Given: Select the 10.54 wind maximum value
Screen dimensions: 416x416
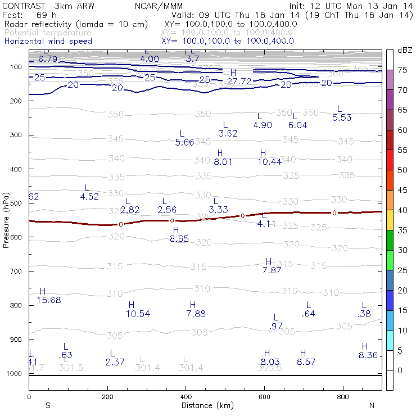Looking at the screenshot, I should click(138, 313).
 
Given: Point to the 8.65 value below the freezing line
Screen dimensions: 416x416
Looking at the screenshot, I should click(179, 239).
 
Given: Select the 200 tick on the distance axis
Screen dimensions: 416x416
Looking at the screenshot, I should click(107, 396).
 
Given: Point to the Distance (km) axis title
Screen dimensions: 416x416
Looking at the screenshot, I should click(205, 405).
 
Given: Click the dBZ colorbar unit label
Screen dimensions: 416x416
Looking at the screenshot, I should click(404, 51).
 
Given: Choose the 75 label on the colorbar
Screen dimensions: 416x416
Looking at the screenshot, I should click(403, 70).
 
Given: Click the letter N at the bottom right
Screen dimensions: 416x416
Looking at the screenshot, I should click(372, 405).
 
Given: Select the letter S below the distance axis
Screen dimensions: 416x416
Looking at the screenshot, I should click(48, 405).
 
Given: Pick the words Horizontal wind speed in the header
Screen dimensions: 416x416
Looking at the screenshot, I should click(48, 41).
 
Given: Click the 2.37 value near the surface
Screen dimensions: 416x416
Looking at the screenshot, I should click(114, 362).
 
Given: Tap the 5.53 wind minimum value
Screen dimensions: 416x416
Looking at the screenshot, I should click(342, 117).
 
